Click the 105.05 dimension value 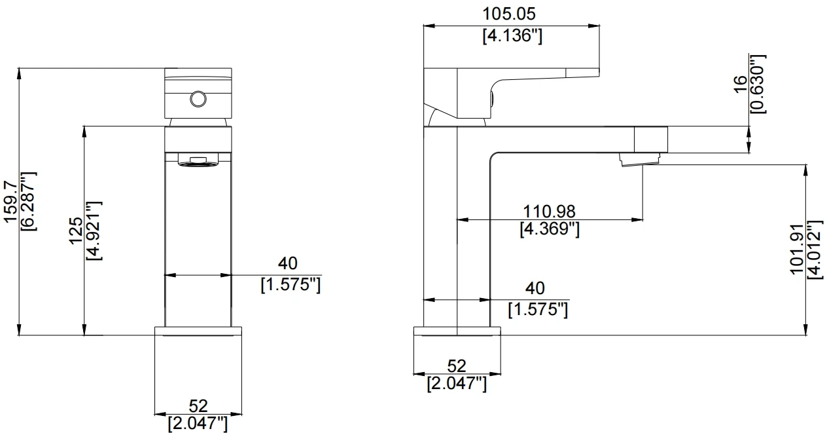point(509,14)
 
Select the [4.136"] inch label point(512,36)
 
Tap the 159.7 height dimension point(10,202)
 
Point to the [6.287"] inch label point(29,202)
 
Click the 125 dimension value point(76,231)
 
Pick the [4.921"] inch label point(94,231)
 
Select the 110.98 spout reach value point(549,212)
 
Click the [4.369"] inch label point(550,229)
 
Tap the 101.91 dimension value point(797,249)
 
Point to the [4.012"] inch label point(815,249)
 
